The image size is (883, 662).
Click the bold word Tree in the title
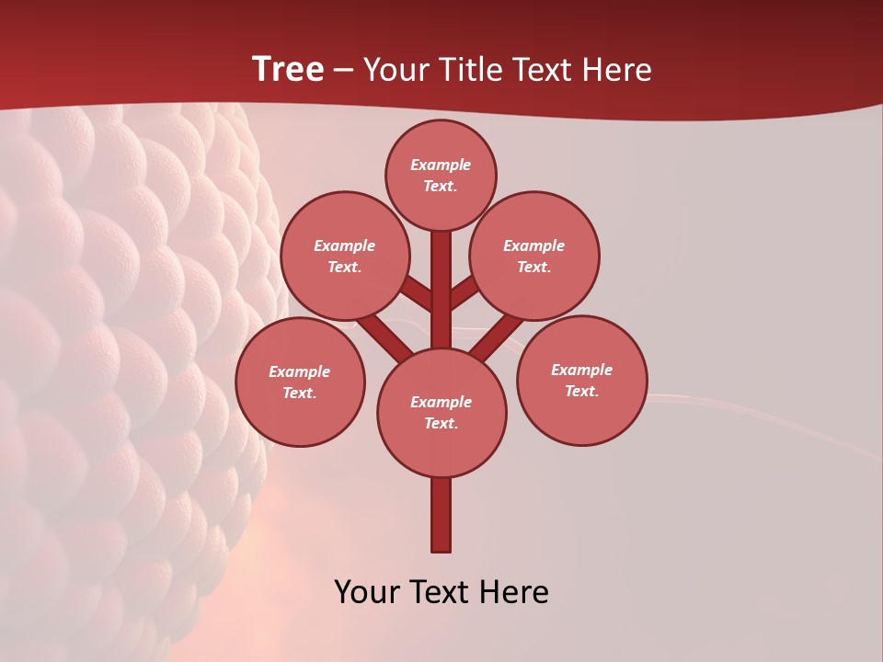click(x=288, y=70)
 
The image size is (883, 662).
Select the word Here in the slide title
click(x=618, y=70)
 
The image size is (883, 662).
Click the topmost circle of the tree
click(x=441, y=176)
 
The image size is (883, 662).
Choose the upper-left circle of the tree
click(x=345, y=257)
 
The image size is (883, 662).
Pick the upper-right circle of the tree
click(x=534, y=257)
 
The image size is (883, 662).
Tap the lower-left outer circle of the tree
click(x=300, y=382)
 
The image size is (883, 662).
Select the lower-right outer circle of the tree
click(x=581, y=381)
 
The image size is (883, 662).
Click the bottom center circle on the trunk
click(x=441, y=413)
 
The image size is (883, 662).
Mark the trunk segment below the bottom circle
click(x=441, y=515)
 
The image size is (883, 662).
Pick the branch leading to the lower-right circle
click(x=498, y=337)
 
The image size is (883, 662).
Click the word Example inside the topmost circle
click(x=441, y=165)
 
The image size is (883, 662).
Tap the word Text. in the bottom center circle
click(x=441, y=424)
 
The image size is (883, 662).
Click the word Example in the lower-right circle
click(x=581, y=371)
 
